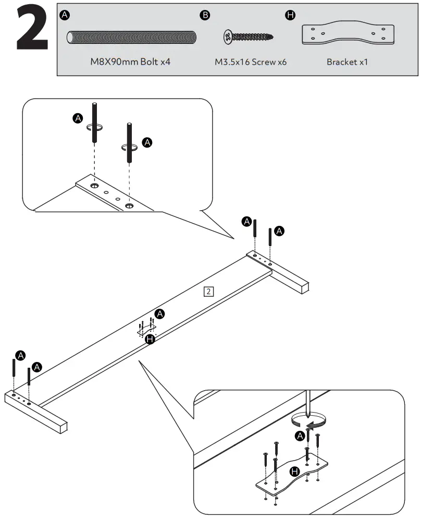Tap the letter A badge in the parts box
(64, 15)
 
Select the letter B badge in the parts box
(205, 15)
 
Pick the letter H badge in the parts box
(290, 15)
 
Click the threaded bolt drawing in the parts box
(132, 38)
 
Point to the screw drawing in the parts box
(248, 37)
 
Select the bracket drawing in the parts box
(348, 34)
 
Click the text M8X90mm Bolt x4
(131, 62)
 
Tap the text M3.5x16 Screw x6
(251, 62)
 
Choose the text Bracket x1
(348, 62)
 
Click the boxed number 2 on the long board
(208, 291)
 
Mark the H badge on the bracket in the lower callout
(295, 472)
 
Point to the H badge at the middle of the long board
(150, 340)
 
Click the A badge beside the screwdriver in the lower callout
(300, 436)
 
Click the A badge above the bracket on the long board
(160, 313)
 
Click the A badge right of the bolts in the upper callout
(147, 142)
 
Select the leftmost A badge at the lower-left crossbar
(20, 355)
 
